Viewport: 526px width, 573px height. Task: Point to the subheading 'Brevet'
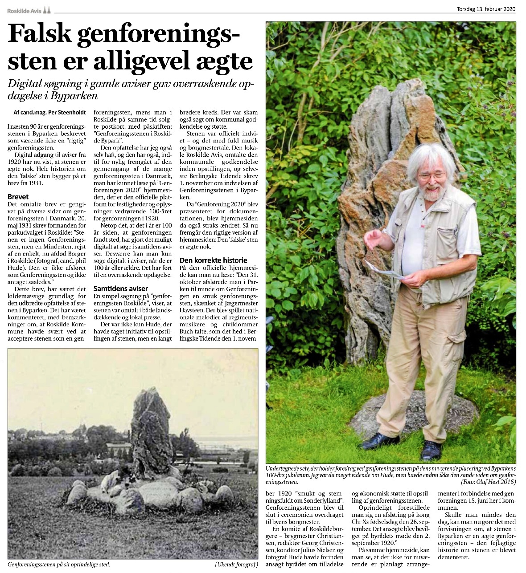point(18,196)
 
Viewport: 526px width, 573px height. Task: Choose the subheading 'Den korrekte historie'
point(213,260)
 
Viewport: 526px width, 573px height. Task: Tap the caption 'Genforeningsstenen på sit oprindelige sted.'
point(58,565)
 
